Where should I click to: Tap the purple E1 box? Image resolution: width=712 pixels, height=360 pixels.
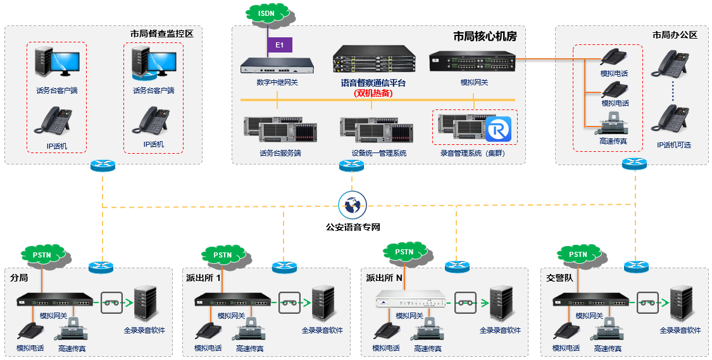(279, 45)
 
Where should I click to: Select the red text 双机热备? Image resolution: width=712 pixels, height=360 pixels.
(373, 93)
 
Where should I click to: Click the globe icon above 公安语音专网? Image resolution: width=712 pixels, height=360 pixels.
(352, 204)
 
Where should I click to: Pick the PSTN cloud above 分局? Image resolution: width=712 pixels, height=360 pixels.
(42, 255)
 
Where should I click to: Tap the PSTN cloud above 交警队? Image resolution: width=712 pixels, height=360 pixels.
(578, 254)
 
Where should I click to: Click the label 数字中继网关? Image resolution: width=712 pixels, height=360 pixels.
(277, 82)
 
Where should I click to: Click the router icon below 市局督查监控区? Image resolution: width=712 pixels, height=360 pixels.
(101, 166)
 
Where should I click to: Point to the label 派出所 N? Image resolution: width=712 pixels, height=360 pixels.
(384, 278)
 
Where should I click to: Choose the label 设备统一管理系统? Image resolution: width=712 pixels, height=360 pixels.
(379, 153)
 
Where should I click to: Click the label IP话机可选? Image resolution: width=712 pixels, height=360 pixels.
(674, 145)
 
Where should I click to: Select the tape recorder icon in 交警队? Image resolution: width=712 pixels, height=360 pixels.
(647, 302)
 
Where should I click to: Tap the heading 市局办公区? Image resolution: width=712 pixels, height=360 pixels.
(675, 35)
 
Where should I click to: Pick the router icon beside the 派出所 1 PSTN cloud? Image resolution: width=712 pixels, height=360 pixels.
(284, 267)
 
